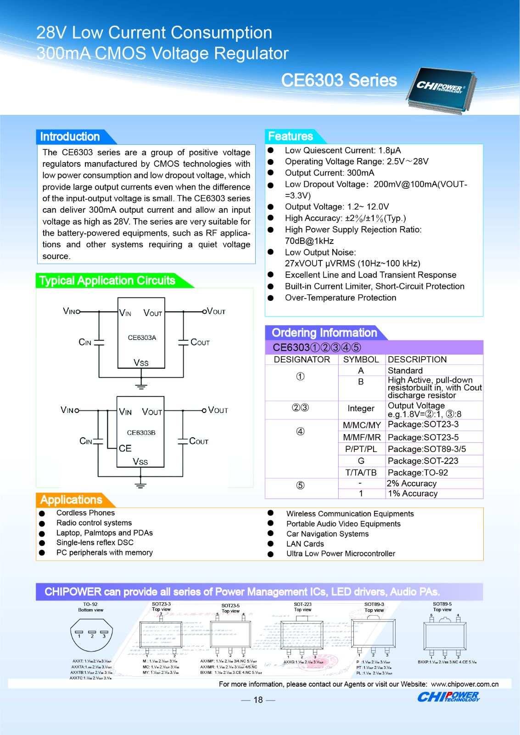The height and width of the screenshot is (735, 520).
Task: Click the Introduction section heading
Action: pos(70,136)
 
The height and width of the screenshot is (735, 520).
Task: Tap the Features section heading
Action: pos(291,136)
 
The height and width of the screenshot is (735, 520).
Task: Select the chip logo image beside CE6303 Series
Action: pos(441,90)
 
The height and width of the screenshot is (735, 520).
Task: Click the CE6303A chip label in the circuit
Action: pos(142,338)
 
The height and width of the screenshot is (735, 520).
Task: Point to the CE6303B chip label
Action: pos(141,433)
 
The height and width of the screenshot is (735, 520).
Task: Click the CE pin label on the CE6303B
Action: pos(125,448)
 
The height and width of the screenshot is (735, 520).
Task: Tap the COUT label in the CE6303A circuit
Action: pos(200,342)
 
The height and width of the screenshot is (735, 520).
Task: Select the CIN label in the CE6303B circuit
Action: pos(86,441)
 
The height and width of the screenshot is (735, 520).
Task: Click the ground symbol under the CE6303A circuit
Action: pos(141,385)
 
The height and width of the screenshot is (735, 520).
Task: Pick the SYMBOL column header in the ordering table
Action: pos(361,360)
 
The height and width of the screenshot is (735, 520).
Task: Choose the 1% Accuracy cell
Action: pos(412,493)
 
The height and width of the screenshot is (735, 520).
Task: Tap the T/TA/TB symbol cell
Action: pos(361,473)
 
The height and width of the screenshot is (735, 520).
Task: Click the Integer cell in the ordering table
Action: pos(361,408)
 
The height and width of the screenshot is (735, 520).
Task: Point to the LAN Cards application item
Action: pos(305,544)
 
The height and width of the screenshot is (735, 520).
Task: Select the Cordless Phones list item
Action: pos(85,513)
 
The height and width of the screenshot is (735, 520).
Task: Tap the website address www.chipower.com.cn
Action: pos(464,684)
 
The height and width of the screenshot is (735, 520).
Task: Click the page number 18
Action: pos(258,700)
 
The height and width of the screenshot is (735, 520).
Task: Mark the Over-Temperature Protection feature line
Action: pos(340,298)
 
